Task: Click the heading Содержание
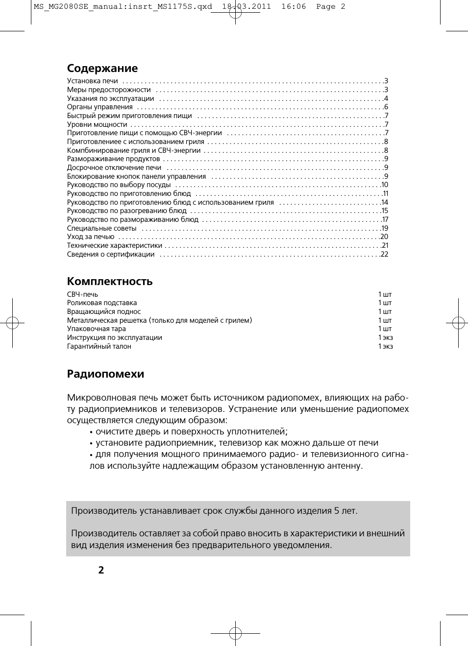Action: (x=102, y=69)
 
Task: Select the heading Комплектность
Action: (x=110, y=282)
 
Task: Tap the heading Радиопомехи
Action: (x=105, y=374)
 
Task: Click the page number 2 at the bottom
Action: (x=101, y=570)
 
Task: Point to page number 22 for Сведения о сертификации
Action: (x=384, y=254)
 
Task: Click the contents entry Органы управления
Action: (x=100, y=107)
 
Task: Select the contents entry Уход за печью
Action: (x=91, y=237)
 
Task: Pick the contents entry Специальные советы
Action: (x=101, y=228)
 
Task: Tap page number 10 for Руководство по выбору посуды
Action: (x=384, y=185)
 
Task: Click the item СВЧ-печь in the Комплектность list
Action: (x=82, y=294)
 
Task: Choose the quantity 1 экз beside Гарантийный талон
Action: (x=385, y=346)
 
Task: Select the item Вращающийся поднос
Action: (x=104, y=311)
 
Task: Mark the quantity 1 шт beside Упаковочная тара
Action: (x=385, y=329)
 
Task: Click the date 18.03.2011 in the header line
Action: (x=246, y=6)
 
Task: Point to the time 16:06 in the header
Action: (x=294, y=6)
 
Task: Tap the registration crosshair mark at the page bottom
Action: (x=235, y=633)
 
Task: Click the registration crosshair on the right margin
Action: (x=458, y=323)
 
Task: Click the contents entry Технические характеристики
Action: (x=115, y=245)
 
